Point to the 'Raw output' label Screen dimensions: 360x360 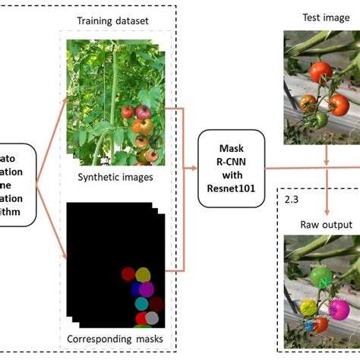click(326, 225)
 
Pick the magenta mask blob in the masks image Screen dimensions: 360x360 click(147, 289)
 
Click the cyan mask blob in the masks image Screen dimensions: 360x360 click(141, 304)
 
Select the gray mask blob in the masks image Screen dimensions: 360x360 click(153, 318)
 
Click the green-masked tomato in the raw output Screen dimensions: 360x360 click(322, 278)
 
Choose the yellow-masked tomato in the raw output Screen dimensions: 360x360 click(308, 307)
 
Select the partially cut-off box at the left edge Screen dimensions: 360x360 click(17, 185)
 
